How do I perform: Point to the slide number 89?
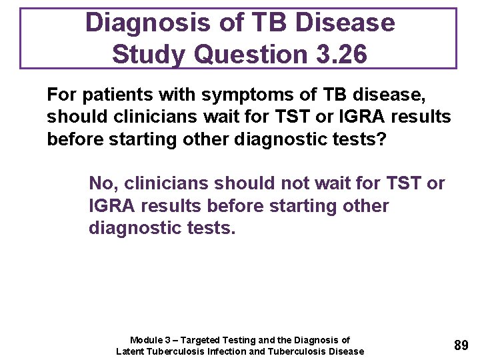click(461, 345)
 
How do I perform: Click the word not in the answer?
click(283, 183)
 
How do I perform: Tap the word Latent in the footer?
click(131, 351)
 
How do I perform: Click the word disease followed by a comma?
click(391, 95)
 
